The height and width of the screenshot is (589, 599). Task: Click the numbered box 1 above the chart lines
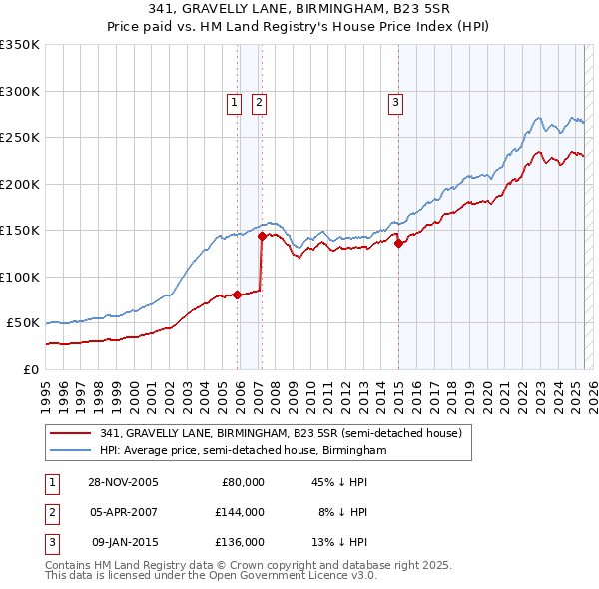pos(234,101)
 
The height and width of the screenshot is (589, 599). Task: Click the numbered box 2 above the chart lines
pos(259,101)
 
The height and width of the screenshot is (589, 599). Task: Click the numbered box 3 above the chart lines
pos(395,101)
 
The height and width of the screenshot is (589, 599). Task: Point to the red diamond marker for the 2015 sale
pos(398,242)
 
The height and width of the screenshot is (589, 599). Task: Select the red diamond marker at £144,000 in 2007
pos(262,236)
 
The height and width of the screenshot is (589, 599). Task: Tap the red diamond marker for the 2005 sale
pos(238,294)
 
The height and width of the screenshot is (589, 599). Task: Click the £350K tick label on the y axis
pos(19,45)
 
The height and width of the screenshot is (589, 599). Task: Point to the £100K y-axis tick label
pos(19,277)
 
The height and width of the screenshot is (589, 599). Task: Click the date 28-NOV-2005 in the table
pos(124,482)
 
